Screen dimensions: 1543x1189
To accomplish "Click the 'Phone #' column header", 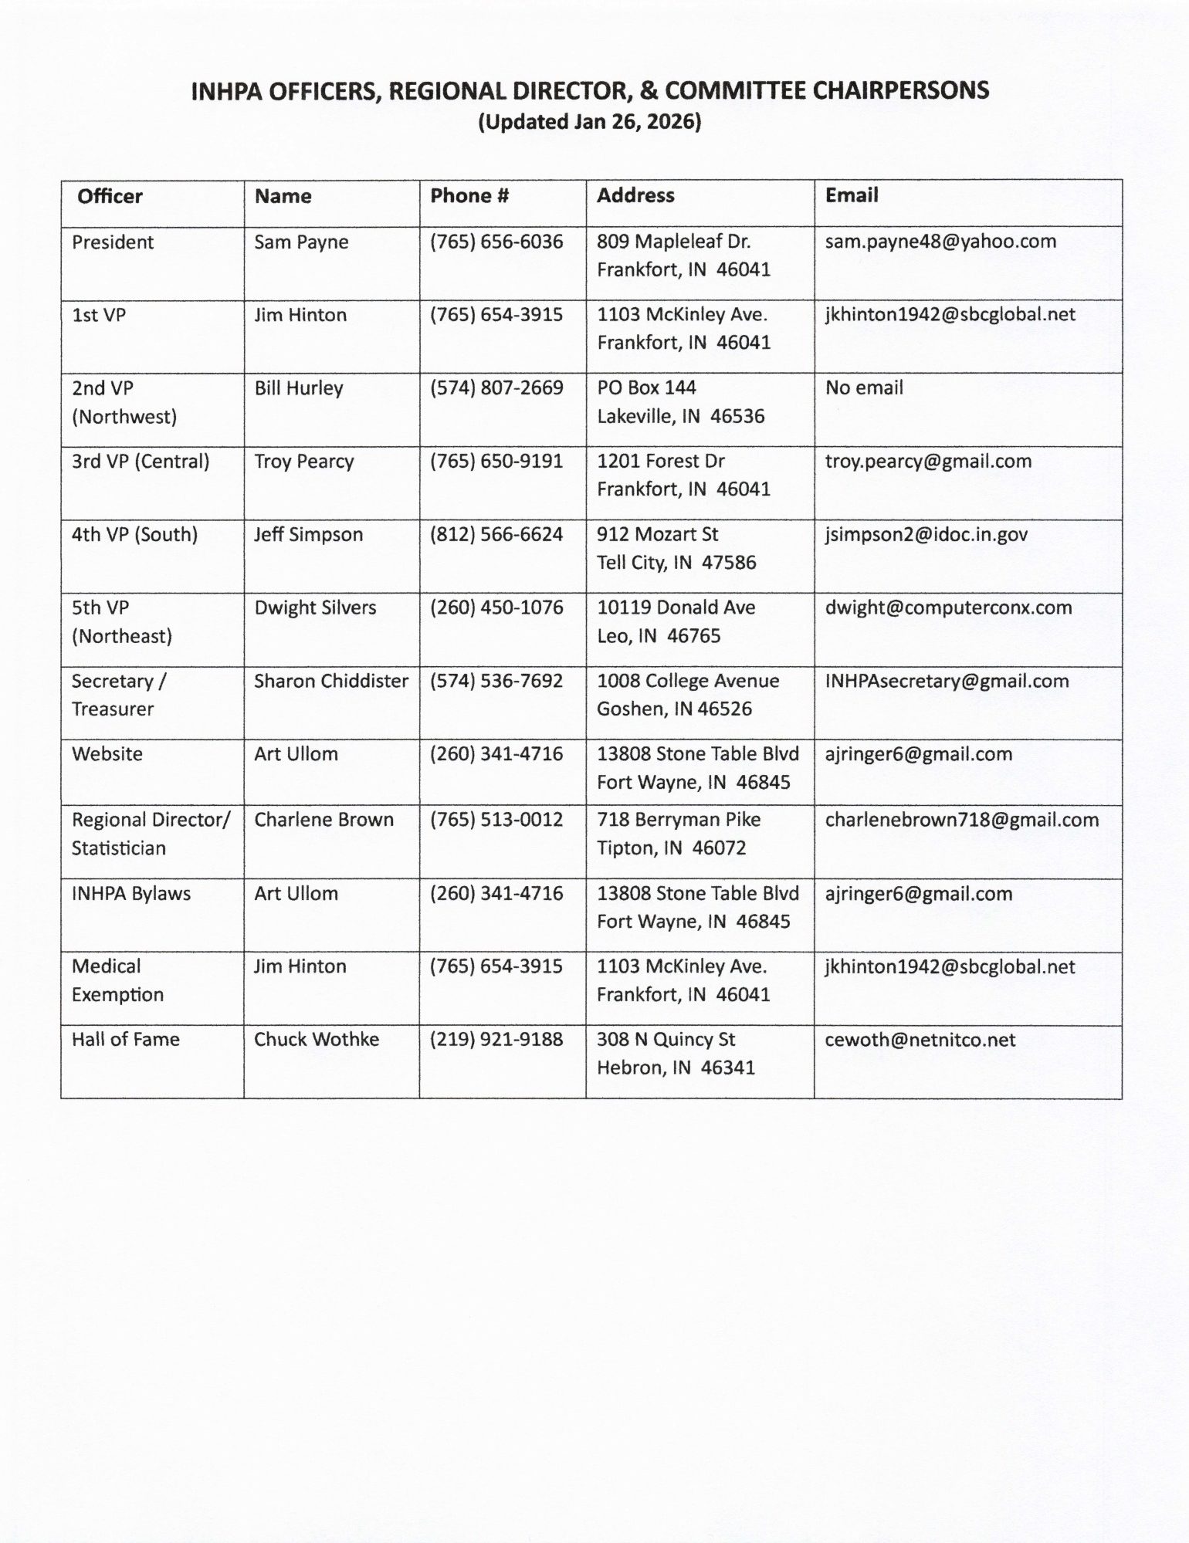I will (469, 196).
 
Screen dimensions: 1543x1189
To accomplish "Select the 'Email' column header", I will (852, 195).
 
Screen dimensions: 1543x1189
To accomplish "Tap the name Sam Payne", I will (301, 242).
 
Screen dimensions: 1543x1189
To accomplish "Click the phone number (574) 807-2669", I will (496, 387).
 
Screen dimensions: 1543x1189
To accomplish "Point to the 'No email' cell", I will (864, 387).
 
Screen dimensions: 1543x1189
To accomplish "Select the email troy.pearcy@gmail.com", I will (928, 462).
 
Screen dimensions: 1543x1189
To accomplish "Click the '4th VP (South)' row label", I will (134, 534).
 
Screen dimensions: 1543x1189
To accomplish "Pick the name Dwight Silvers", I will (315, 607).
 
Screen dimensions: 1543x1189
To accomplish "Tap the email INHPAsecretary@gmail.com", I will (947, 681).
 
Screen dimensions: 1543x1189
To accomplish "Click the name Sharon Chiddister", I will (331, 681).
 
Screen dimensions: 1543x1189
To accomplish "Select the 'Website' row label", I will (107, 754).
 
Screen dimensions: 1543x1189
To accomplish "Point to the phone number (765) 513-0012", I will (496, 820).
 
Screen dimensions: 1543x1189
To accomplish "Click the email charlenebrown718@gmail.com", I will (961, 820).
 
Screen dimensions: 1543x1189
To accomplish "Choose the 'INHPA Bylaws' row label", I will (131, 893).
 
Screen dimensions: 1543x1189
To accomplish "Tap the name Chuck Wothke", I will (317, 1040).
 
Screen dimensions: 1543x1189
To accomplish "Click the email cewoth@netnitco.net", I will (920, 1040).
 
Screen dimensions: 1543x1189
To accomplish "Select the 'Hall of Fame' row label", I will (126, 1040).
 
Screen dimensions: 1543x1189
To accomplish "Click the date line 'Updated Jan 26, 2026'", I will (590, 122).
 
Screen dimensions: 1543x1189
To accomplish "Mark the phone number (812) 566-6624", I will (496, 534).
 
